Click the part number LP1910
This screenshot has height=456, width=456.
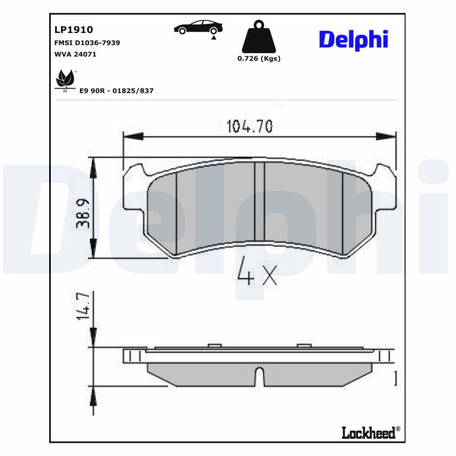coord(74,30)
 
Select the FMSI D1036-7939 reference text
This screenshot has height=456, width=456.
coord(87,43)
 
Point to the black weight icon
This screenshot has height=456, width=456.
coord(259,37)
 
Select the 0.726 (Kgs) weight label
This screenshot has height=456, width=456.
coord(259,59)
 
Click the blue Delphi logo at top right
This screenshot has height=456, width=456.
coord(353,39)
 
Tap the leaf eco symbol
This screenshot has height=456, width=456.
coord(65,80)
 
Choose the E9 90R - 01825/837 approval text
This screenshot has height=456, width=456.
coord(117,91)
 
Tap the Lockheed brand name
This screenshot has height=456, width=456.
coord(368,433)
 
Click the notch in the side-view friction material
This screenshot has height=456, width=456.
coord(259,377)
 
